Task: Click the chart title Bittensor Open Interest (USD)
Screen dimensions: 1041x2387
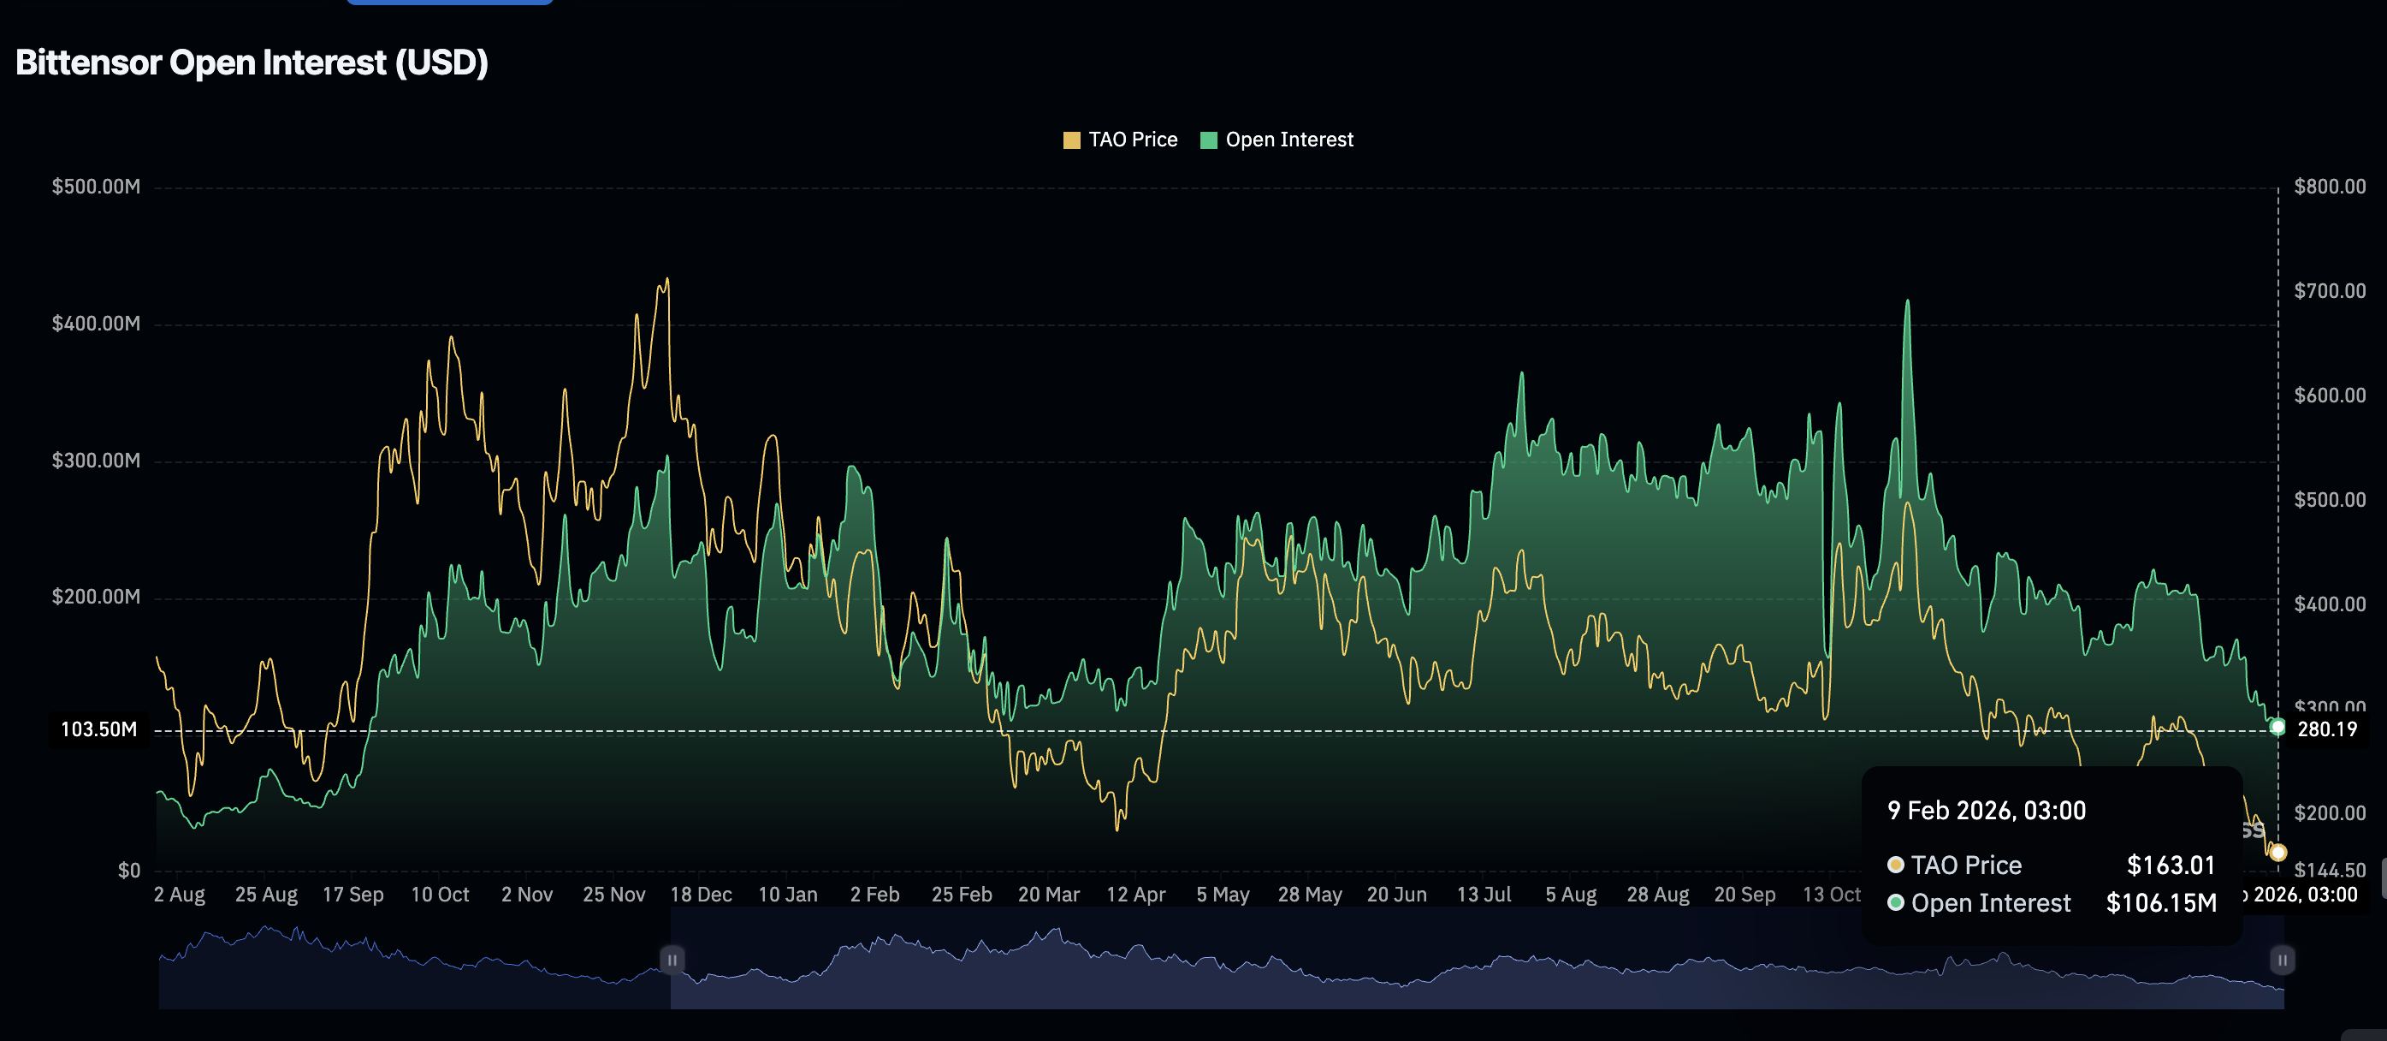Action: tap(252, 63)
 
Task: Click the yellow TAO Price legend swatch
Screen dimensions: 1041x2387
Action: tap(1071, 140)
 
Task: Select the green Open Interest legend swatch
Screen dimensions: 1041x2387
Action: tap(1208, 140)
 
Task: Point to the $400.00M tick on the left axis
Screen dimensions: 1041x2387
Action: tap(97, 324)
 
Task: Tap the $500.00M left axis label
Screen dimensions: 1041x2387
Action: tap(97, 187)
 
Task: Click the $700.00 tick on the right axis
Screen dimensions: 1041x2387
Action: tap(2330, 291)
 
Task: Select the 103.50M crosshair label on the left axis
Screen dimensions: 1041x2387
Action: tap(98, 729)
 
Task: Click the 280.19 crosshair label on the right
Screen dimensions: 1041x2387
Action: tap(2327, 729)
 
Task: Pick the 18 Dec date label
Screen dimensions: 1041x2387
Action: tap(701, 895)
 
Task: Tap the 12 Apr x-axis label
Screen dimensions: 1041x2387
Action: tap(1135, 895)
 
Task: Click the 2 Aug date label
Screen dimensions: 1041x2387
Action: tap(179, 895)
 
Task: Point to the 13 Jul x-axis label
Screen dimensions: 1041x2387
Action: tap(1484, 895)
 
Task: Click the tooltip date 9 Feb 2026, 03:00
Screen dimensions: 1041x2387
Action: tap(1987, 810)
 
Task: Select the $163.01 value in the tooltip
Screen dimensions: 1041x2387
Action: tap(2171, 865)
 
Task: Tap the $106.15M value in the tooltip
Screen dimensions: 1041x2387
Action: tap(2161, 903)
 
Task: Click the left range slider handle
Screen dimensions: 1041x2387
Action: tap(672, 960)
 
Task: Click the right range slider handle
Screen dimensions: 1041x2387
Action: tap(2282, 960)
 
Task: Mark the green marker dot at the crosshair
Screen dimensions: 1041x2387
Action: tap(2277, 727)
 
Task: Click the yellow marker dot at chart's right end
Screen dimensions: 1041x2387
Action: tap(2277, 852)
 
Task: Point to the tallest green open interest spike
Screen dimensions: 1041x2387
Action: tap(1907, 302)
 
